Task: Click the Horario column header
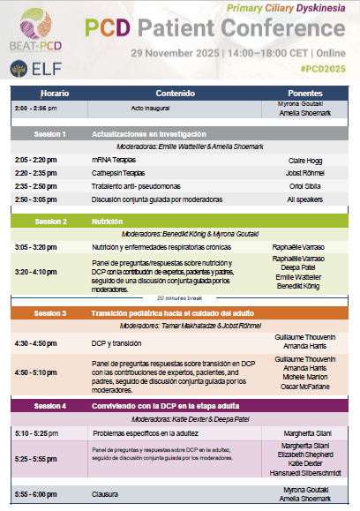[x=54, y=93]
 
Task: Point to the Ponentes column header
[x=304, y=93]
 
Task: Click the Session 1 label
[x=49, y=134]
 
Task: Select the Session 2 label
[x=50, y=222]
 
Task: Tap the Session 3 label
[x=50, y=313]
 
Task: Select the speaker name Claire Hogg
[x=304, y=161]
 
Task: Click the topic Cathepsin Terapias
[x=119, y=174]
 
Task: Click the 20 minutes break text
[x=181, y=299]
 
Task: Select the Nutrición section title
[x=109, y=222]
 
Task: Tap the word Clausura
[x=105, y=494]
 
